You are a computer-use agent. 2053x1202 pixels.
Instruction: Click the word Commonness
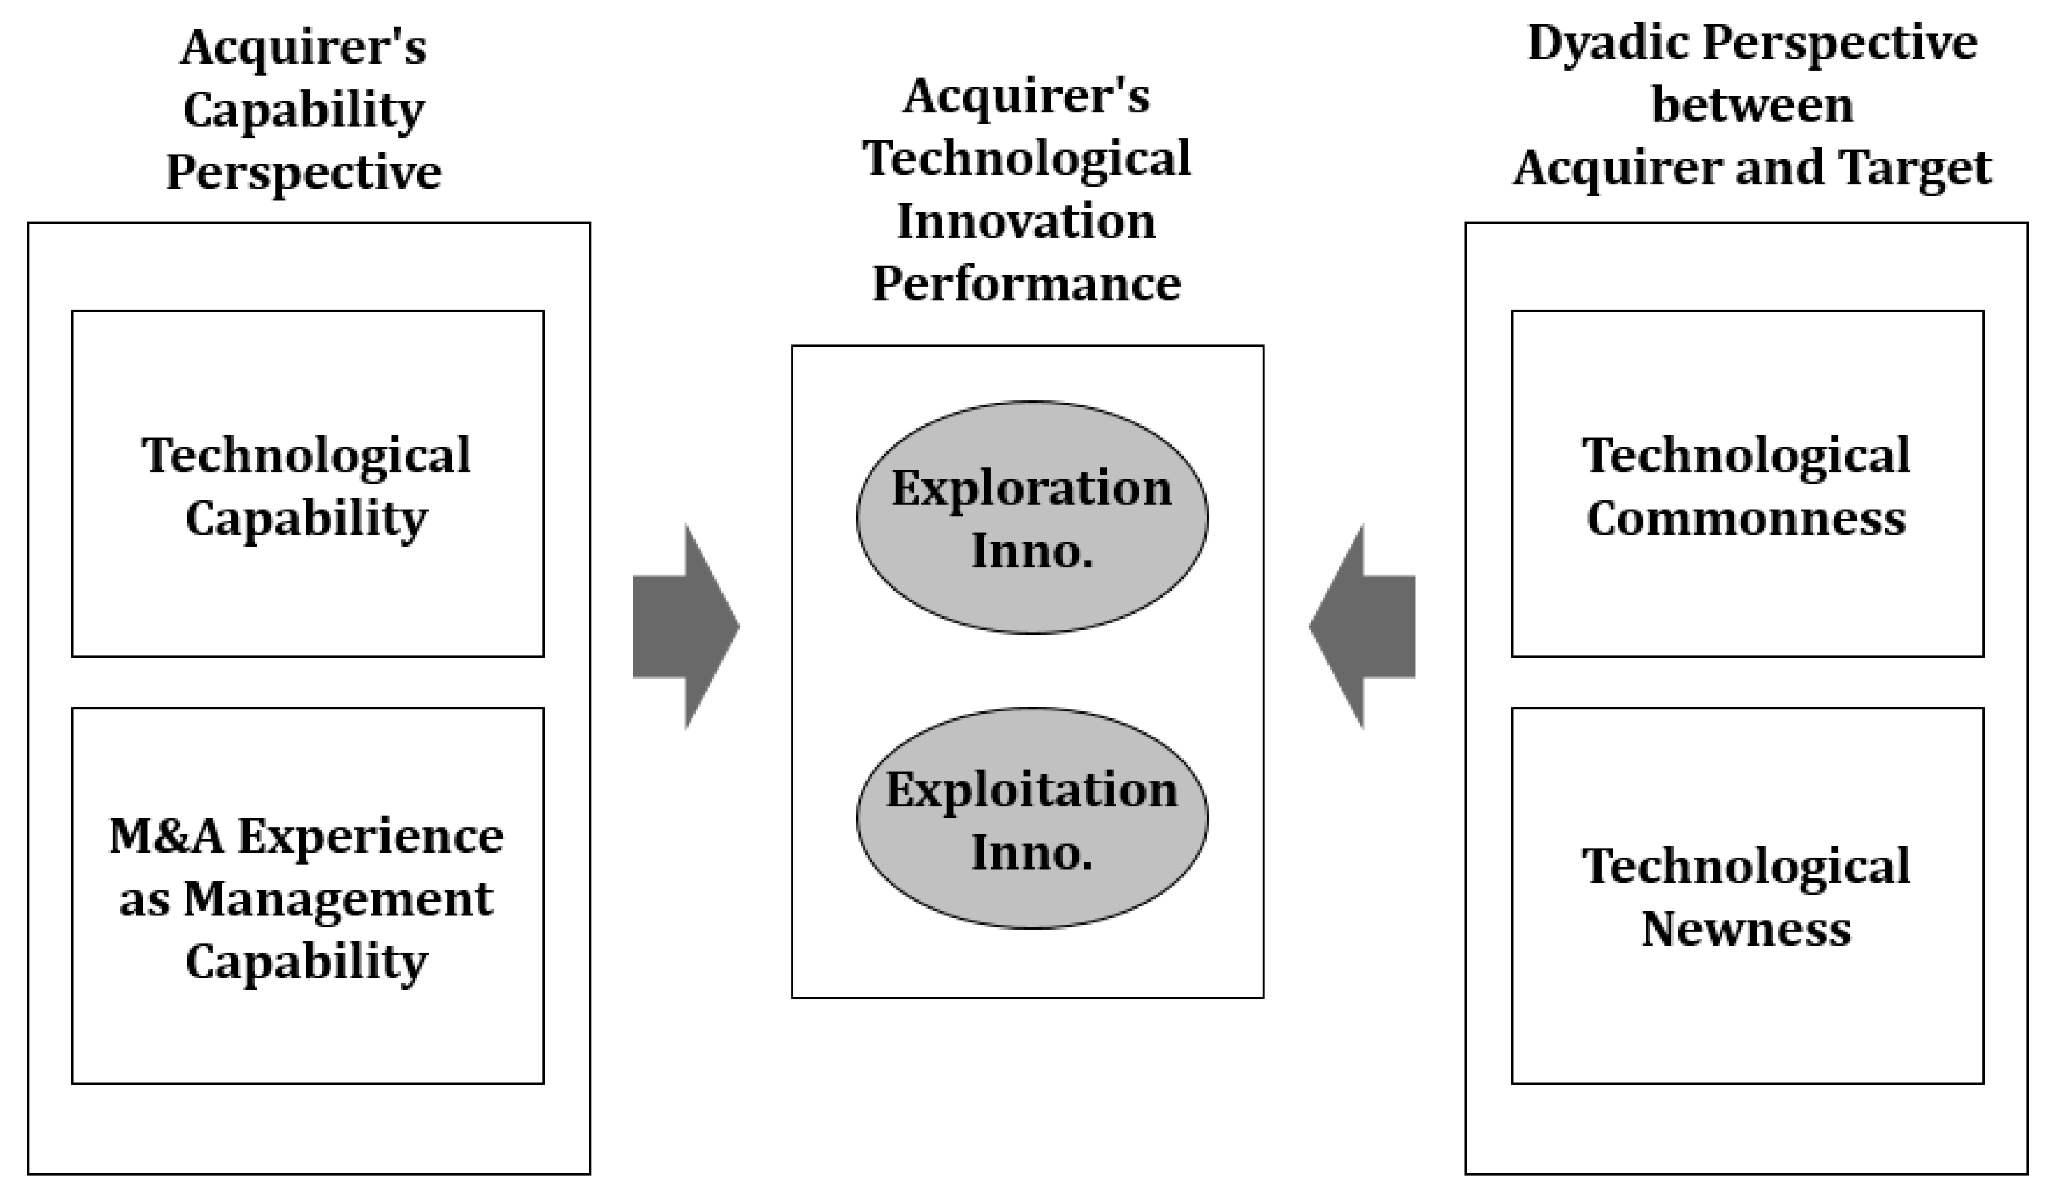point(1746,518)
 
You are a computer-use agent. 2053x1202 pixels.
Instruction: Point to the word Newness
point(1746,929)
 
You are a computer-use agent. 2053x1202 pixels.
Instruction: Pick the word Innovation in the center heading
point(1026,222)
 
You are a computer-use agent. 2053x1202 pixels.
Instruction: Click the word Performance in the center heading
point(1026,284)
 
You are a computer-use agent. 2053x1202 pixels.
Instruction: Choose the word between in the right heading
point(1751,106)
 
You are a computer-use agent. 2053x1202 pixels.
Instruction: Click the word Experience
point(371,836)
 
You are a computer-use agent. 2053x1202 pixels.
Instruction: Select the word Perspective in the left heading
point(303,172)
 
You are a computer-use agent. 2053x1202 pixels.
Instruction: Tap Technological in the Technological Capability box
point(306,455)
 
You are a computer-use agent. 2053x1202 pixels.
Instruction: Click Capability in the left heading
point(303,111)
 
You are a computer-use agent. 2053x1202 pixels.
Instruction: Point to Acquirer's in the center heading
point(1026,96)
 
